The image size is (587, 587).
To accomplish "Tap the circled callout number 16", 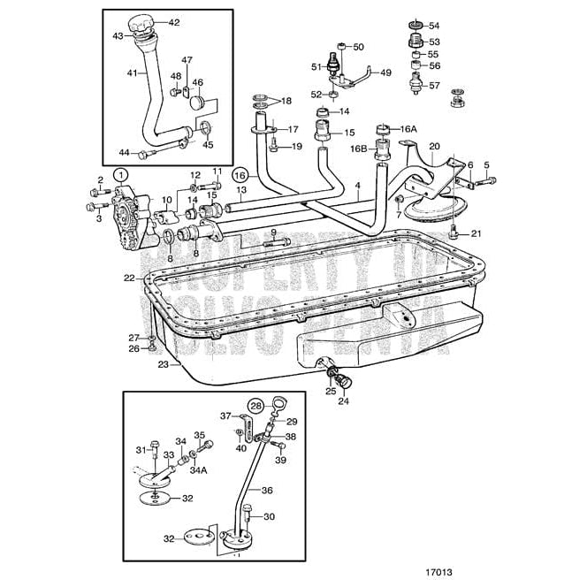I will pyautogui.click(x=240, y=175).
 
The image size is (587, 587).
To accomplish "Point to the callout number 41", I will pyautogui.click(x=133, y=72).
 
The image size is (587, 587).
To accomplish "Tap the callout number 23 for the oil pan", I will pyautogui.click(x=163, y=363).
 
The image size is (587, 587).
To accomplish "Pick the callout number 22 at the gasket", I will pyautogui.click(x=129, y=278).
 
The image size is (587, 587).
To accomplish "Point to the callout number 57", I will pyautogui.click(x=433, y=86).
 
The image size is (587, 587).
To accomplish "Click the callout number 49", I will pyautogui.click(x=385, y=74).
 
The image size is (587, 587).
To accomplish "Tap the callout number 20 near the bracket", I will pyautogui.click(x=433, y=146).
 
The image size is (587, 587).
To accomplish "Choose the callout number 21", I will pyautogui.click(x=476, y=233).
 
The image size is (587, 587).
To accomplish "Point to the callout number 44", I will pyautogui.click(x=123, y=152).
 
